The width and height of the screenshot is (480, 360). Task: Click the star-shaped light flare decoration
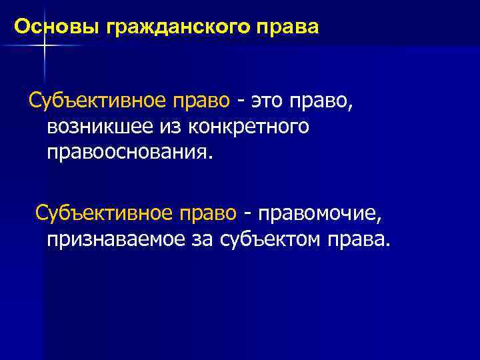click(43, 45)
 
